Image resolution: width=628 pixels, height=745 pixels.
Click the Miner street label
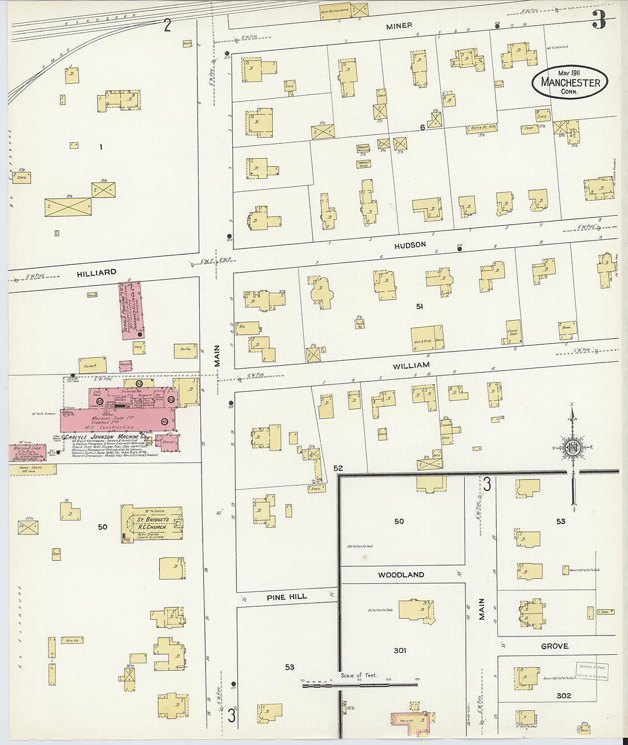[398, 26]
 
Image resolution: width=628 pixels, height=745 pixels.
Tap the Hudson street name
[410, 245]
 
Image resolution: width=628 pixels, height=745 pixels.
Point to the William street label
[411, 365]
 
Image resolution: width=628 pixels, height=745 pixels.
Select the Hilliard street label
[96, 273]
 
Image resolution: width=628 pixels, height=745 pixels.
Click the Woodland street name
[401, 575]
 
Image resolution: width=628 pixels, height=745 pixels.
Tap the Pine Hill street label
[286, 597]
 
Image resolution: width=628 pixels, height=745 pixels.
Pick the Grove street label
[554, 646]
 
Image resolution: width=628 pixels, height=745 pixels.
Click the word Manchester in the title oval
[570, 83]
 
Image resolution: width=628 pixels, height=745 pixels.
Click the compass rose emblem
[573, 448]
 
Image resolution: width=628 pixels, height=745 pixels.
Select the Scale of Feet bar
[360, 683]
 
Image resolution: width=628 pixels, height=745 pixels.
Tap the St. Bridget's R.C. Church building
[152, 523]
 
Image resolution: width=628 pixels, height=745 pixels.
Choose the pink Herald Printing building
[131, 310]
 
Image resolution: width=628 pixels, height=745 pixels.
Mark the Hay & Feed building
[426, 337]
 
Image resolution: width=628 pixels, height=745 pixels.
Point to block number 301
[400, 650]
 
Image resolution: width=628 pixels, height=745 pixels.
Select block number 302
[563, 695]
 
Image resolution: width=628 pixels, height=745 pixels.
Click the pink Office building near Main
[169, 442]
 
